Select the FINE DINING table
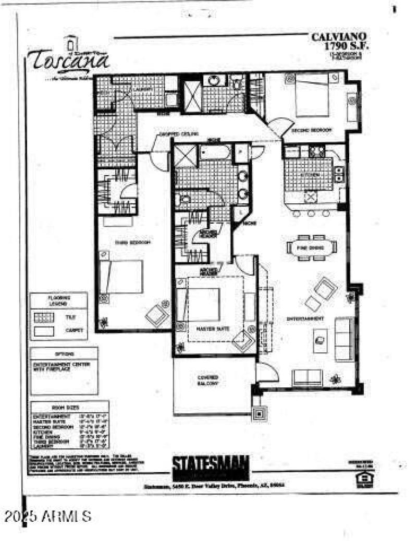(x=312, y=248)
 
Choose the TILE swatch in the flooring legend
(x=45, y=316)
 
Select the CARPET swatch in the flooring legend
(x=45, y=330)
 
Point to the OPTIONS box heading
(x=64, y=353)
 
